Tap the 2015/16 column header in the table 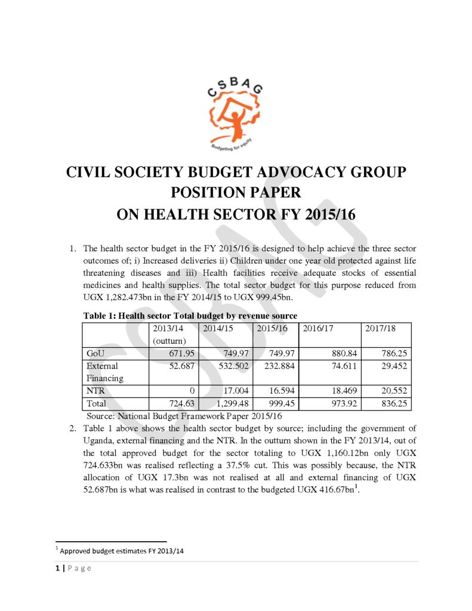tap(273, 329)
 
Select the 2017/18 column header tap(380, 329)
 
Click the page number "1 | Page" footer tap(70, 568)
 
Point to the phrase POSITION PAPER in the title tap(236, 193)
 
